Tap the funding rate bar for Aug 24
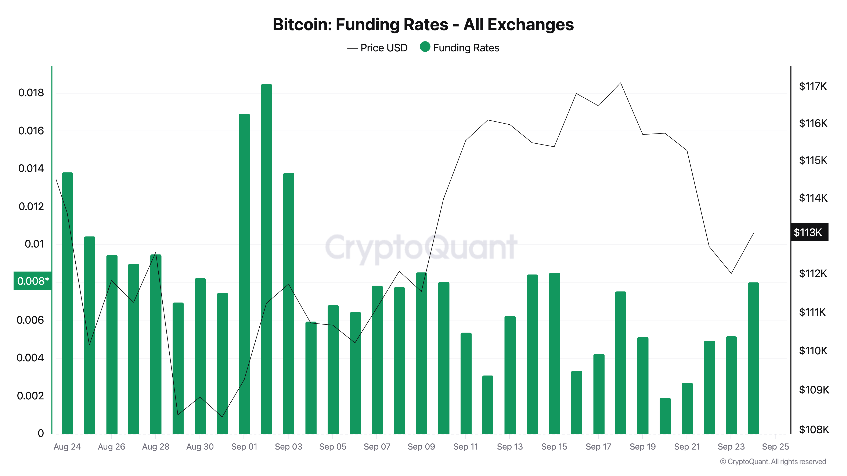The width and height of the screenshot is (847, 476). click(67, 302)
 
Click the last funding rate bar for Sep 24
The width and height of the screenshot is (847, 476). click(753, 358)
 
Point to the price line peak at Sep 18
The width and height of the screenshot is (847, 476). click(620, 83)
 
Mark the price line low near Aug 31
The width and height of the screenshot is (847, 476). click(222, 417)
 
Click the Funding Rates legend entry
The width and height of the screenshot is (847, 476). click(460, 48)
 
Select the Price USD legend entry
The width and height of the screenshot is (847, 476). click(378, 48)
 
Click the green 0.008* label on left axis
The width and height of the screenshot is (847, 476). click(33, 281)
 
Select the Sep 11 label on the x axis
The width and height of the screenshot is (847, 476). click(465, 446)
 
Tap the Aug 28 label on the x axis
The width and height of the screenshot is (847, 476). click(155, 446)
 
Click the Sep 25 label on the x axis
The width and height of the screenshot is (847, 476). click(775, 446)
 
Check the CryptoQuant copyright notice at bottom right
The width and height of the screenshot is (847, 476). click(773, 462)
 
